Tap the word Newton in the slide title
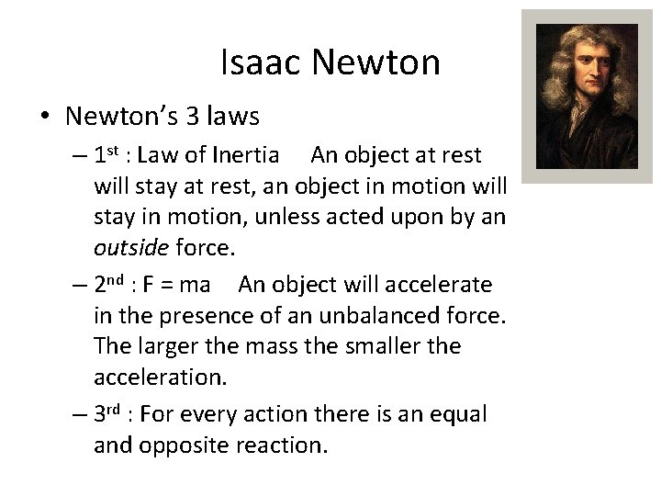coord(376,63)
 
